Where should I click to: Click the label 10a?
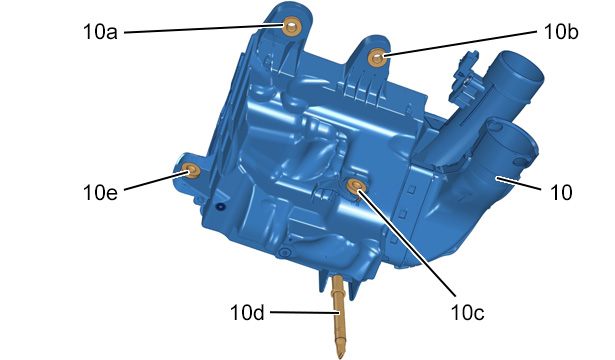(100, 32)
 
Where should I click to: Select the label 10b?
(561, 32)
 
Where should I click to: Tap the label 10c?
(468, 312)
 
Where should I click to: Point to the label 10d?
(247, 313)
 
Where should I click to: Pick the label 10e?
(100, 192)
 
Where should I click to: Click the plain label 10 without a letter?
(561, 193)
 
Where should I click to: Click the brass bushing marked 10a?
(291, 27)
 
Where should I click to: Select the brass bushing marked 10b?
(377, 58)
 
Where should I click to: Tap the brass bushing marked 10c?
(356, 185)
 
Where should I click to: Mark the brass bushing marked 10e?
(192, 171)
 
